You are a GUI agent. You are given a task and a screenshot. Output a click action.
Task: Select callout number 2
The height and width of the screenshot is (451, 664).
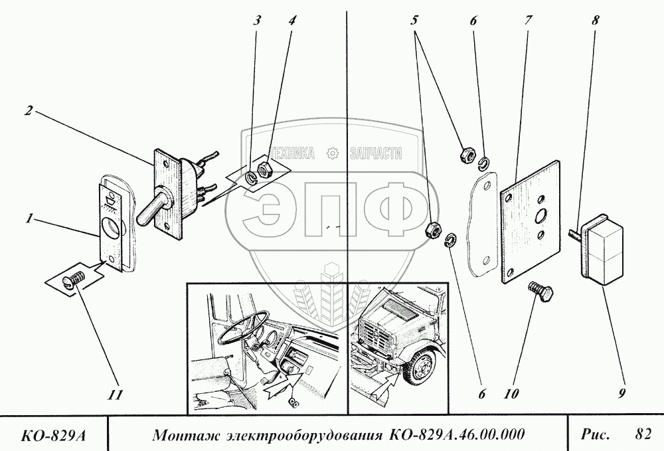[x=29, y=111]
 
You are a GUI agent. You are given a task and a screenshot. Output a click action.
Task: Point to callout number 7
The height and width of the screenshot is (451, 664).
[x=528, y=20]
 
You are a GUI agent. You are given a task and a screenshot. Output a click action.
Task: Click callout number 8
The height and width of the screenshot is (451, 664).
[x=596, y=20]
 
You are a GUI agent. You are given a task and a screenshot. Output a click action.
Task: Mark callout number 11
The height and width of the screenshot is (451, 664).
[x=116, y=396]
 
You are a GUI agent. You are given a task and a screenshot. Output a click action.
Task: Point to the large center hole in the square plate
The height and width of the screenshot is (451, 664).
[x=541, y=215]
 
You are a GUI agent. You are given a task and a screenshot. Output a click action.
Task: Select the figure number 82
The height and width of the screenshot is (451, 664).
[x=641, y=434]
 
